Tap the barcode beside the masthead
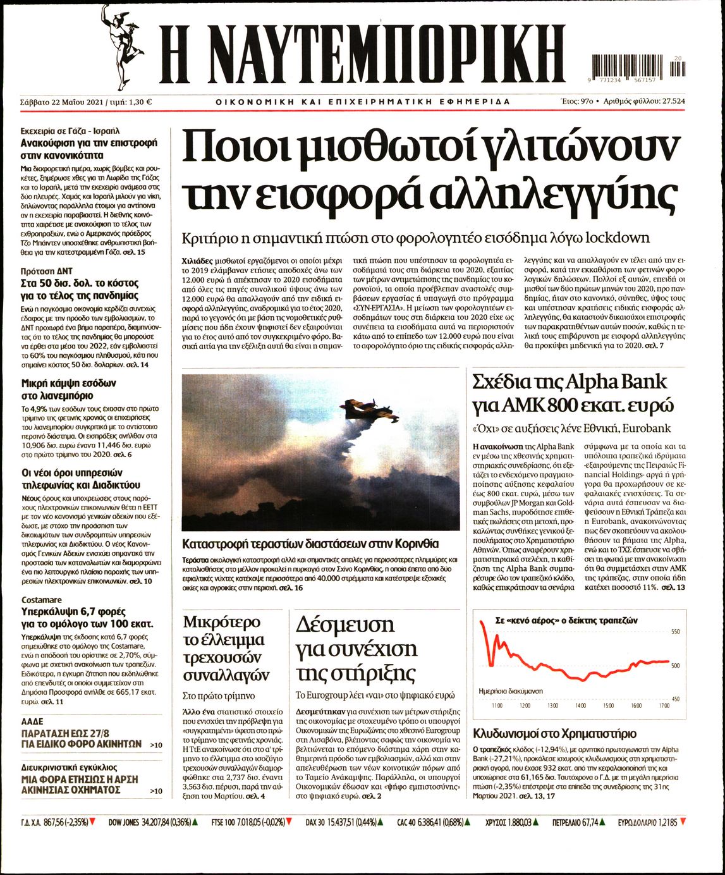(638, 66)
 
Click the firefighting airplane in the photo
(370, 413)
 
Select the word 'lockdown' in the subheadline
(618, 238)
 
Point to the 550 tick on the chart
(674, 632)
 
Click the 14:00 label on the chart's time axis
(580, 705)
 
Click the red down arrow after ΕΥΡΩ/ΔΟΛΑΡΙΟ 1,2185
(683, 823)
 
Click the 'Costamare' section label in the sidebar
(42, 600)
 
